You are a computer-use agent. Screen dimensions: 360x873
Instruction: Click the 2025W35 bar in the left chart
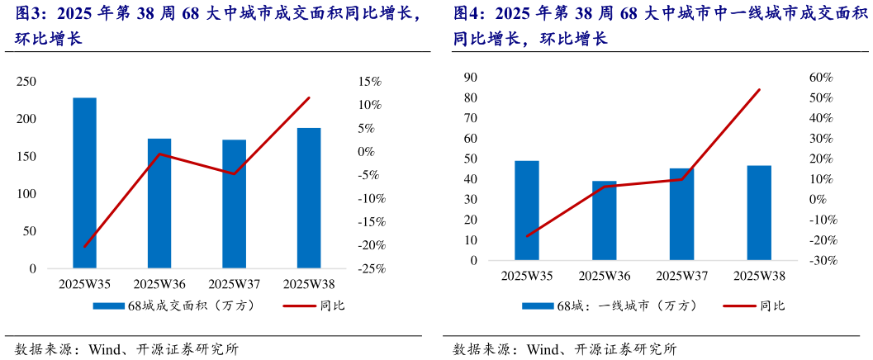(x=84, y=183)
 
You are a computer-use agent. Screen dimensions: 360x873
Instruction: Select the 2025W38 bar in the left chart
(x=309, y=198)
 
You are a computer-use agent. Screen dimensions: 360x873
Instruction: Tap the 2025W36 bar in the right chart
(x=605, y=220)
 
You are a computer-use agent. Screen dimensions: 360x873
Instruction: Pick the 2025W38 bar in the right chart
(x=759, y=213)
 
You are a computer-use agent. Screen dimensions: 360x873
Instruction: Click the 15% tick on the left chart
(x=368, y=82)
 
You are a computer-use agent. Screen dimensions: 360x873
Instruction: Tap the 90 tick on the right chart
(x=471, y=77)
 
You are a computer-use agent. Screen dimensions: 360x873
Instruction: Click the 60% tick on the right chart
(x=821, y=78)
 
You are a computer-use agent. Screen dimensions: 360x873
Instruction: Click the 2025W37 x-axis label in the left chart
(x=234, y=285)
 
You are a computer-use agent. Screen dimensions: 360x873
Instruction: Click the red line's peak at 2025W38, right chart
(x=759, y=89)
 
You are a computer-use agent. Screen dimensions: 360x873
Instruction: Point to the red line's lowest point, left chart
(x=84, y=247)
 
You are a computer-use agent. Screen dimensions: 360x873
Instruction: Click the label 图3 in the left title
(x=28, y=14)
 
